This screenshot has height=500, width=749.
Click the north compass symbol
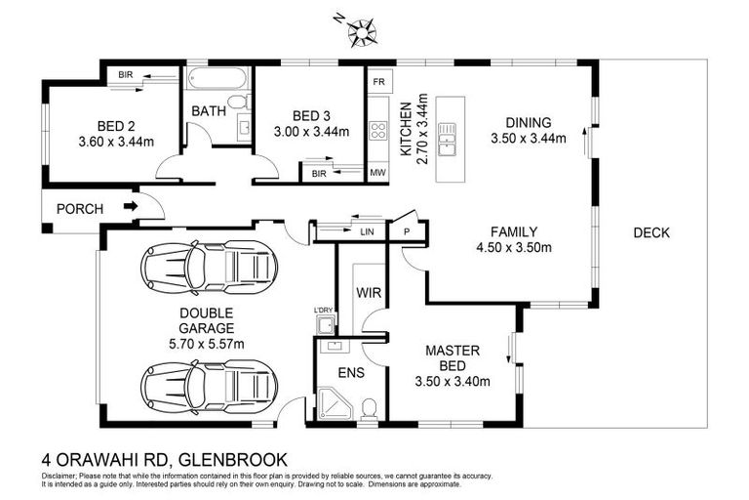[x=365, y=30]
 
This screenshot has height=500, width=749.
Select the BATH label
[x=208, y=111]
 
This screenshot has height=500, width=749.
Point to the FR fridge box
[x=376, y=82]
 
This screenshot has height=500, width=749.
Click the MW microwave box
[x=376, y=173]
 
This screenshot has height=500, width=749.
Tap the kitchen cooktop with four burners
[x=377, y=132]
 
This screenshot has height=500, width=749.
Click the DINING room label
[x=528, y=123]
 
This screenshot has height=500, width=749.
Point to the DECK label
[x=650, y=232]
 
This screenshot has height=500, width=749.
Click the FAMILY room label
[x=513, y=232]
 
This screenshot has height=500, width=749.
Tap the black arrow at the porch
[x=130, y=207]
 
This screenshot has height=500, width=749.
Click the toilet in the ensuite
[x=368, y=407]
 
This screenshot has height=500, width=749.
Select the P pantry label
[x=407, y=232]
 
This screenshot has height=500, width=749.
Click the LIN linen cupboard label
[x=367, y=232]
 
